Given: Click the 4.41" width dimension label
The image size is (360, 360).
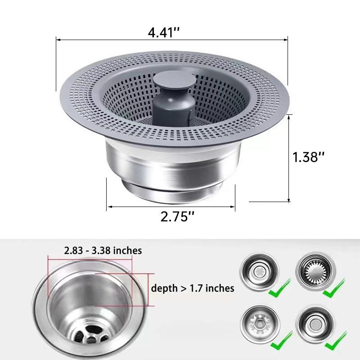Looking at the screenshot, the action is [163, 32].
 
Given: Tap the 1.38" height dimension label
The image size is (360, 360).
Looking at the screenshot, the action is [308, 157].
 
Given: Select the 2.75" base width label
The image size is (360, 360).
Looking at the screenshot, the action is [177, 216].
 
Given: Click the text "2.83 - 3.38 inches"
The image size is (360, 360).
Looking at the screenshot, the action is [103, 250].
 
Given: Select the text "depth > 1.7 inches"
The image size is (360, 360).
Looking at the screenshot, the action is [193, 288].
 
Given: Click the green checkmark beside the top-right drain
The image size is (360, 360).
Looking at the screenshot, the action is [334, 288].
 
